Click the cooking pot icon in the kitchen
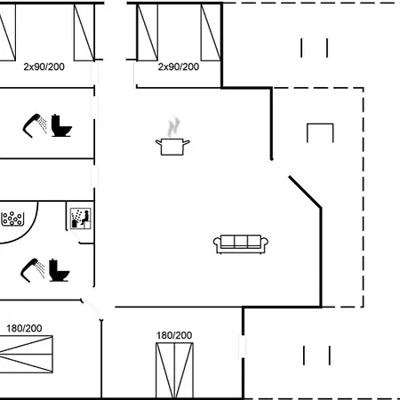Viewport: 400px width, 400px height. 172,146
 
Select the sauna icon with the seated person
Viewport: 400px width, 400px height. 80,218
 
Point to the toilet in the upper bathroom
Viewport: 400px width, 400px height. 61,126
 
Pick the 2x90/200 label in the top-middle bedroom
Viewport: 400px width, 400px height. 178,67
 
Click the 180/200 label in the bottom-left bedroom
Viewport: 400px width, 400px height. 24,328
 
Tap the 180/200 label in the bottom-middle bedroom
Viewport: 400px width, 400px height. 174,335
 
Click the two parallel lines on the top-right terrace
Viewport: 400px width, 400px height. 315,48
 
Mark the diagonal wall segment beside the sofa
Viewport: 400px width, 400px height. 305,192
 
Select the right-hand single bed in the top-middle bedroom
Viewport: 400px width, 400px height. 211,31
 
